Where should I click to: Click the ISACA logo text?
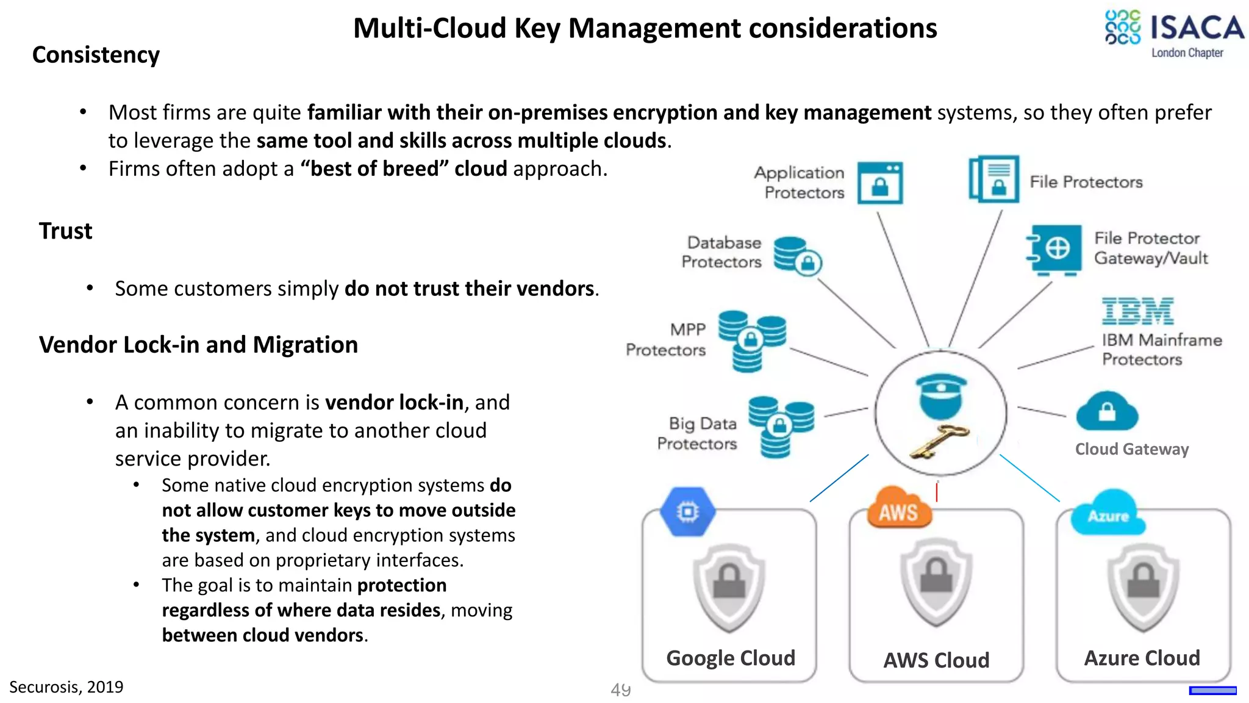1197,28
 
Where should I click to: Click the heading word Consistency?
96,55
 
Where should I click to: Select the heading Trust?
65,231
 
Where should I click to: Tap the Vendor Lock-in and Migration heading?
198,345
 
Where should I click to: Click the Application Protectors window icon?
879,182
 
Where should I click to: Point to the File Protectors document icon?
994,179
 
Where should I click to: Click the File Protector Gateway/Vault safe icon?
1054,250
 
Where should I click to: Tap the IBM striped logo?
1137,311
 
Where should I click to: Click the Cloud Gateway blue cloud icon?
1107,412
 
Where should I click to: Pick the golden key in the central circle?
939,441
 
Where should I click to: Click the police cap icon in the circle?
941,395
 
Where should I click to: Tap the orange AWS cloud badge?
898,508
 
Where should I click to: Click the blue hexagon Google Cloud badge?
687,511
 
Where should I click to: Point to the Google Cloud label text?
730,658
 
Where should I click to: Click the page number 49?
620,690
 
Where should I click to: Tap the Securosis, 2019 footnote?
66,687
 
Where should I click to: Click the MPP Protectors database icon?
751,341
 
